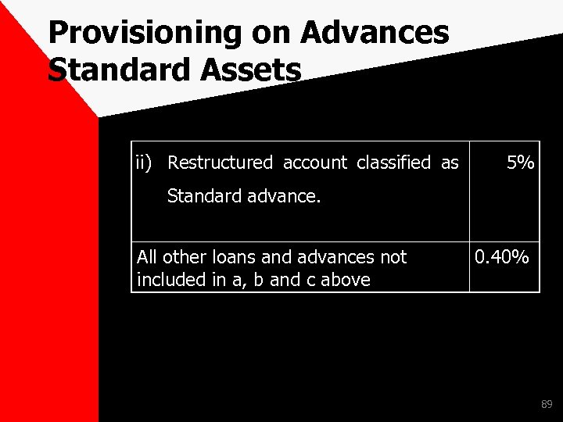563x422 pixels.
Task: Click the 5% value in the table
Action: point(520,163)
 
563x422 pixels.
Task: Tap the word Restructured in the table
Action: point(220,163)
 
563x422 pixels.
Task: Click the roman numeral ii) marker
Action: point(145,163)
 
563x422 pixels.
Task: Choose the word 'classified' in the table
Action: point(393,163)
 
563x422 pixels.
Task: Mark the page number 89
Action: point(547,405)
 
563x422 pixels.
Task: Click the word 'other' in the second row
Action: point(180,256)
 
